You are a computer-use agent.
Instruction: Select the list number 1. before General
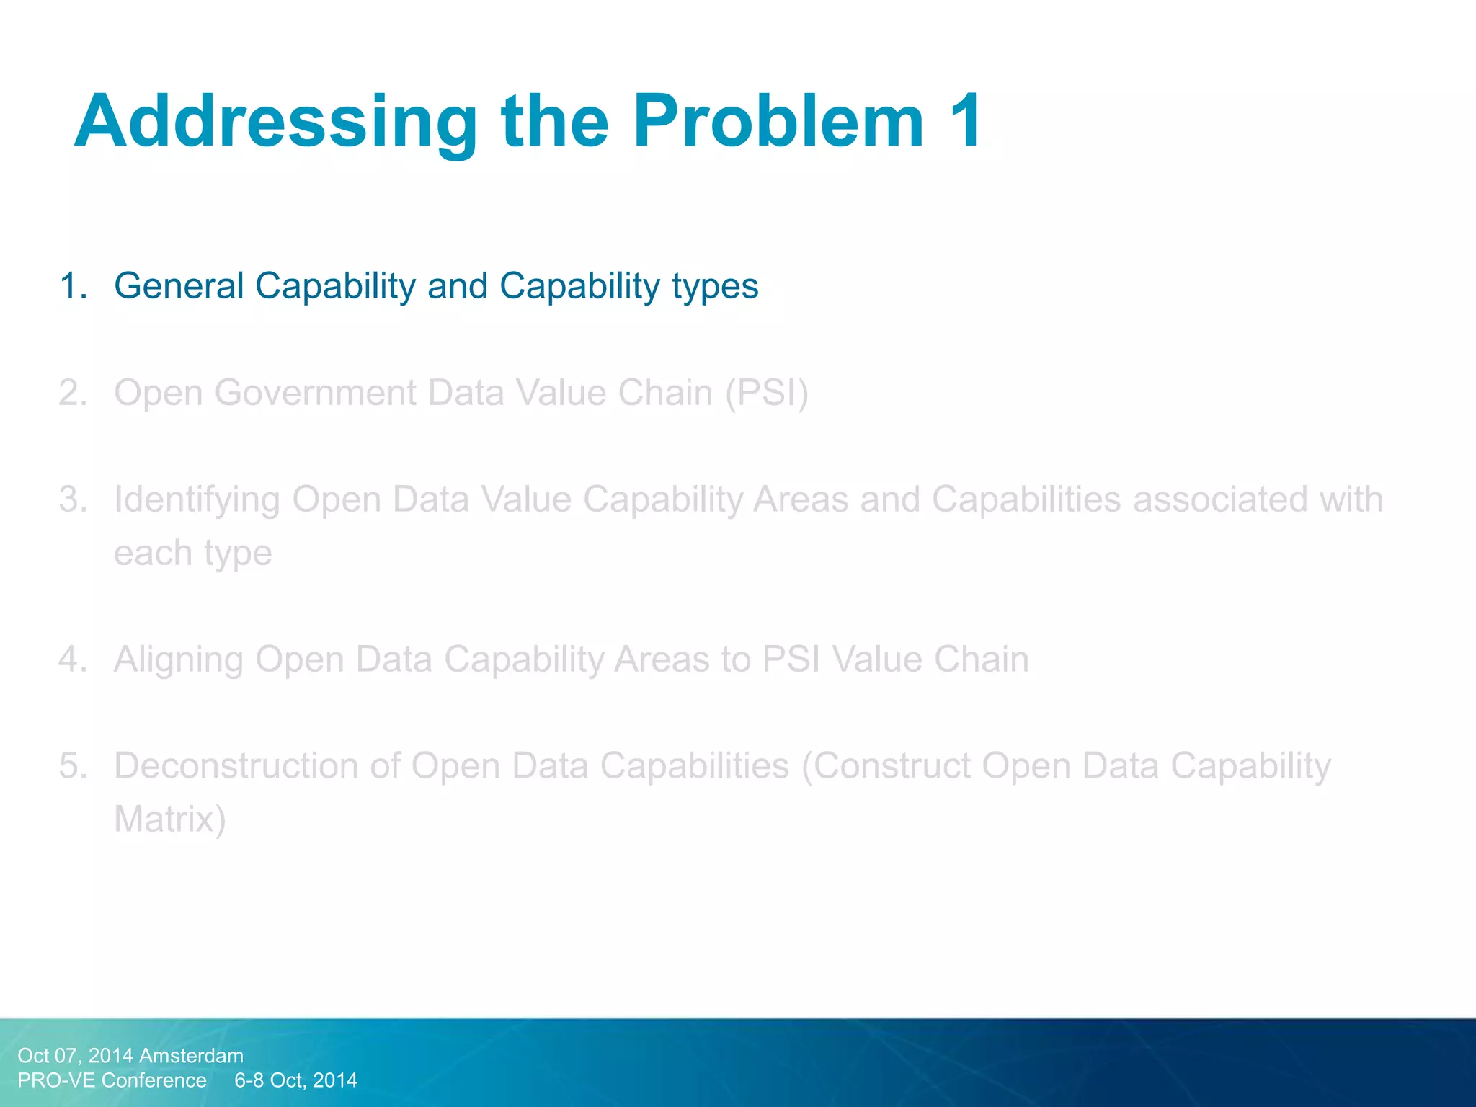[x=74, y=286]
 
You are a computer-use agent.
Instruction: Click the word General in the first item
[x=179, y=286]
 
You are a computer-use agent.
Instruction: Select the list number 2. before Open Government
[x=74, y=394]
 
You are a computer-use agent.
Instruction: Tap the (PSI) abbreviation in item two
[x=767, y=394]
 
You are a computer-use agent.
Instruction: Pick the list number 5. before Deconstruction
[x=74, y=766]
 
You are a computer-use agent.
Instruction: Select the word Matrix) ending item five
[x=170, y=819]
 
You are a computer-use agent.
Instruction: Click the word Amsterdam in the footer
[x=191, y=1056]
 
